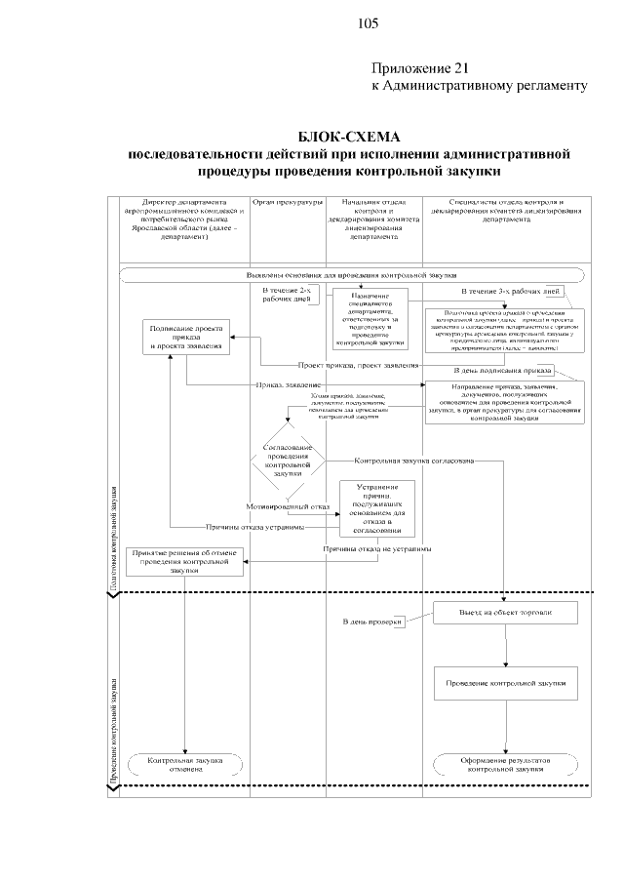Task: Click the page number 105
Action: (x=368, y=23)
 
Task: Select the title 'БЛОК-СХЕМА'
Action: (x=349, y=137)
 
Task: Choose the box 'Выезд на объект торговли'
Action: (x=506, y=612)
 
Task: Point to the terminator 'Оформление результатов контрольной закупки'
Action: (x=506, y=763)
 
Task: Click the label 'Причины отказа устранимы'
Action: (x=255, y=527)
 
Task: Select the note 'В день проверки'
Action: (x=371, y=622)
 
